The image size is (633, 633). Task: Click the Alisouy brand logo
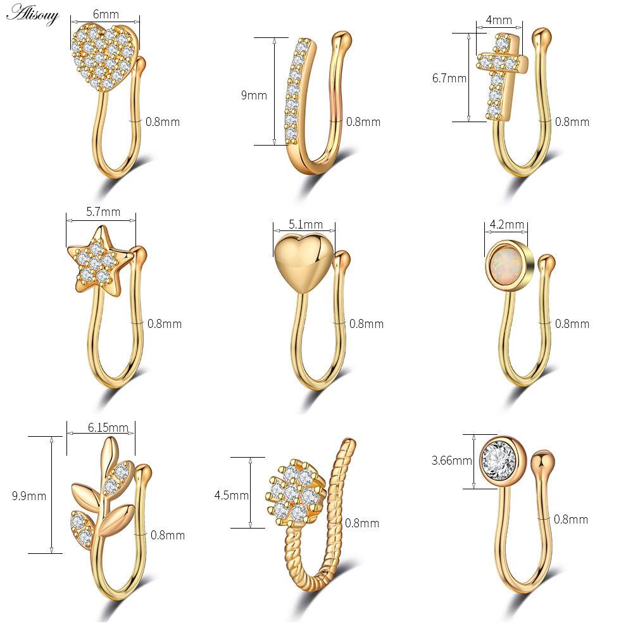tap(32, 13)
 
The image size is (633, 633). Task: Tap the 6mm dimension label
tap(106, 13)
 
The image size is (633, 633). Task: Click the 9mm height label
tap(254, 96)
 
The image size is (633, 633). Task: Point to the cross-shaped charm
tap(501, 74)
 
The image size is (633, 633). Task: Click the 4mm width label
tap(499, 20)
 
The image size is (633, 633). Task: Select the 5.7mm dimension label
tap(103, 212)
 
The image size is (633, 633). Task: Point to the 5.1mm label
tap(305, 224)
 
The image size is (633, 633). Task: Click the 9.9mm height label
tap(29, 496)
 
